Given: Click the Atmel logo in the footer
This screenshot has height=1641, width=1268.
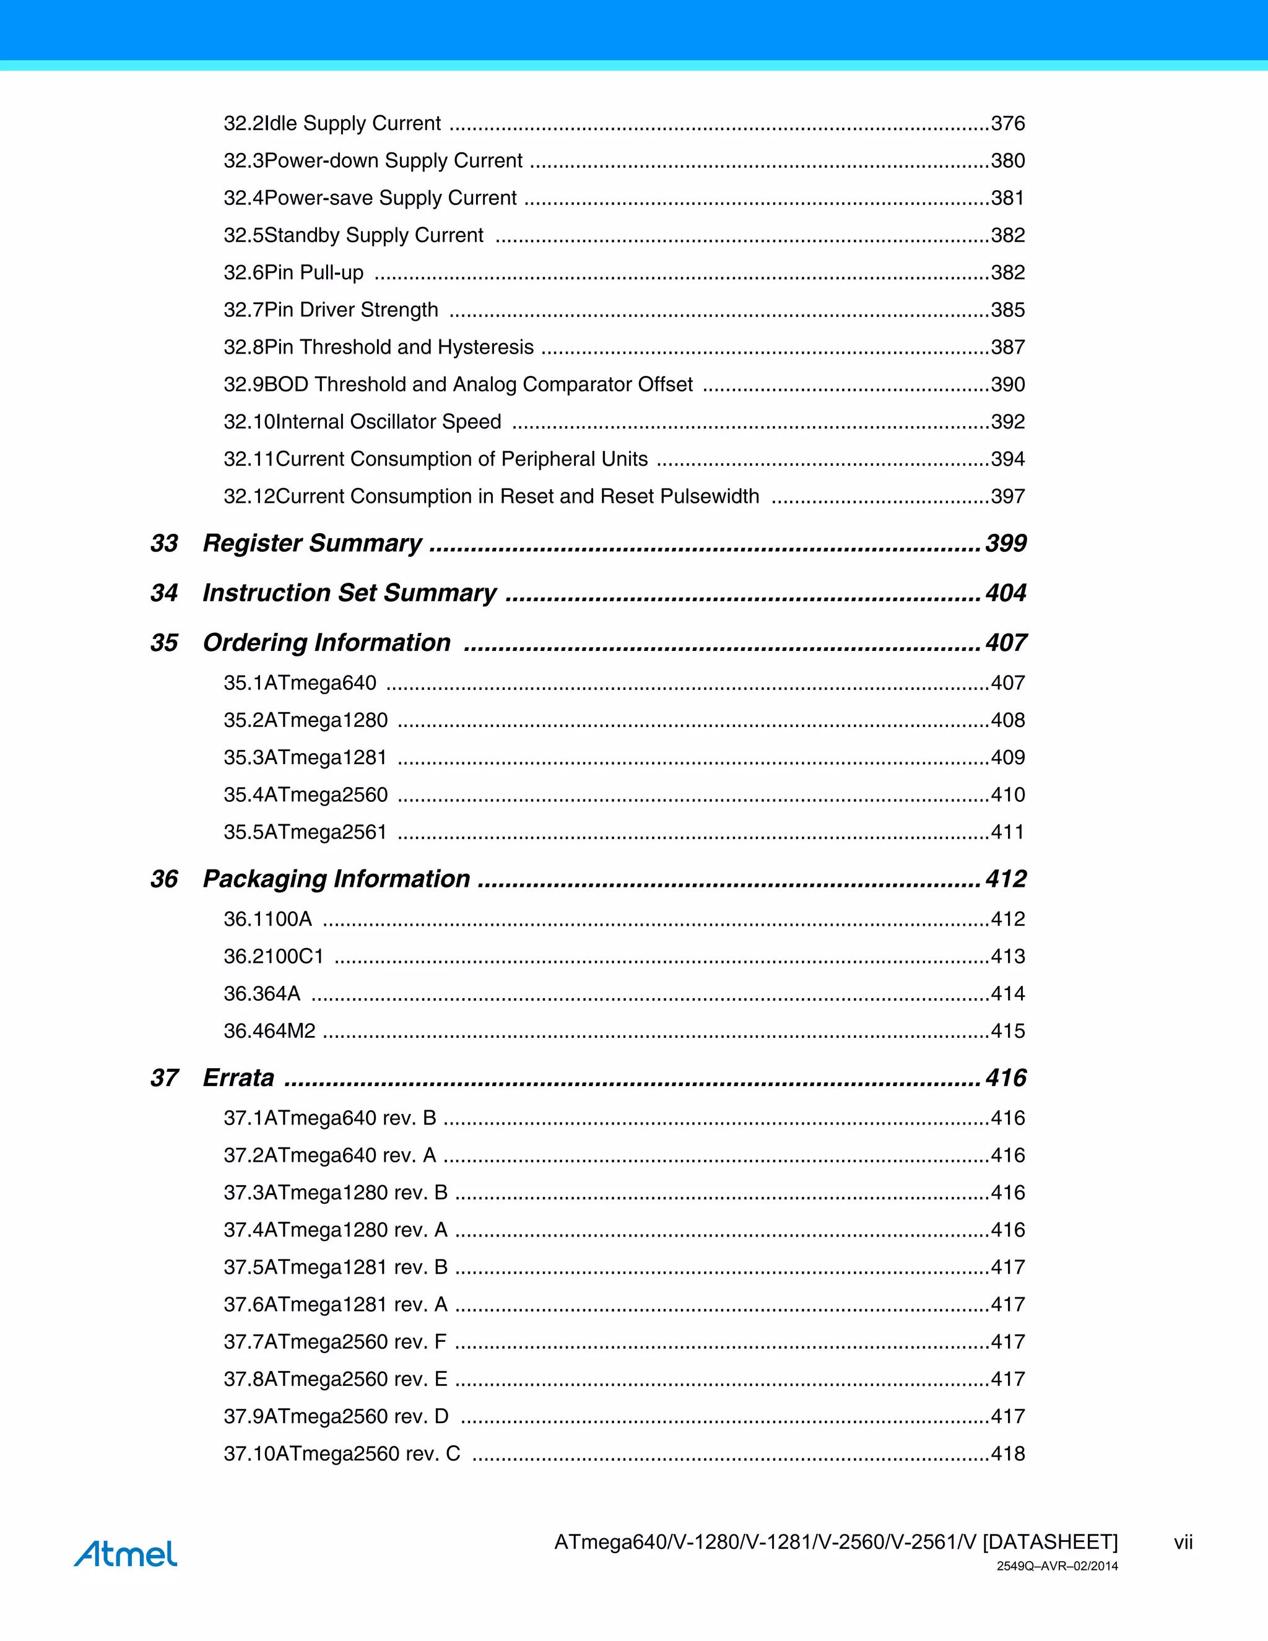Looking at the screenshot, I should click(126, 1553).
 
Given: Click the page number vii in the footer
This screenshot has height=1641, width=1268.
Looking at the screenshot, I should click(1183, 1543).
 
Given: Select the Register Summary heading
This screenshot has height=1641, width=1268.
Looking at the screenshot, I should click(312, 543).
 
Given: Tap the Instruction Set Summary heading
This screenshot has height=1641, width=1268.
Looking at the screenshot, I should click(349, 593).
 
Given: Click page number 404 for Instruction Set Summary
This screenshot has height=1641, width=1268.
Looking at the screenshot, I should click(1006, 593).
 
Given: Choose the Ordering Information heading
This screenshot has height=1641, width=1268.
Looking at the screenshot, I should click(327, 642).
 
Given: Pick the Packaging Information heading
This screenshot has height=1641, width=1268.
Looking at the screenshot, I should click(337, 878).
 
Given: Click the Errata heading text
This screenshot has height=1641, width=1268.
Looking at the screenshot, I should click(238, 1077).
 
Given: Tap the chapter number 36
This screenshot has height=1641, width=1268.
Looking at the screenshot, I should click(163, 878).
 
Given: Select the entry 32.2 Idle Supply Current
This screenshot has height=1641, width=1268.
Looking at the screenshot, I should click(332, 123).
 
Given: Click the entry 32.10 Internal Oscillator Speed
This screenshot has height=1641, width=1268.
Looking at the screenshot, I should click(362, 422).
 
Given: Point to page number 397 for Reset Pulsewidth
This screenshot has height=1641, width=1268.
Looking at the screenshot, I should click(1008, 496).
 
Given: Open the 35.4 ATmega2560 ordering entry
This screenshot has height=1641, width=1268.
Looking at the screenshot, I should click(306, 794).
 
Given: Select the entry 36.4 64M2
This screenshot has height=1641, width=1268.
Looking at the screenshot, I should click(270, 1031).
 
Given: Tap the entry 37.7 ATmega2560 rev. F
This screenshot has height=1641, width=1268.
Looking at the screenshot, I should click(335, 1341).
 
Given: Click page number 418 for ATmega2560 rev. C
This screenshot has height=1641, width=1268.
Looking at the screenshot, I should click(1008, 1453).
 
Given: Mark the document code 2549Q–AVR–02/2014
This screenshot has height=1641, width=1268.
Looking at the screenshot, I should click(1057, 1567).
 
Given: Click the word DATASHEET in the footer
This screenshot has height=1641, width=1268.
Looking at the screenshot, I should click(1050, 1543).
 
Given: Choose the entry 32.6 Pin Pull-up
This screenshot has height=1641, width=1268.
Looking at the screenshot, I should click(293, 272).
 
